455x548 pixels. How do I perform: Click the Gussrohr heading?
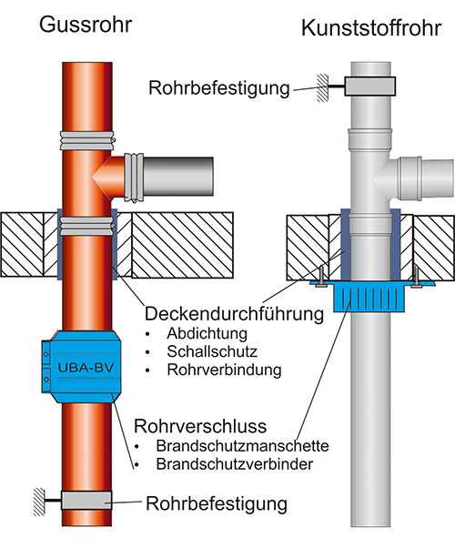86,25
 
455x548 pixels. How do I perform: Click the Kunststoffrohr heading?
371,28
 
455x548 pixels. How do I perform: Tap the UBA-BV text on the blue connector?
86,368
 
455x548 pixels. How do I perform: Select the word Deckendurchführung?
234,314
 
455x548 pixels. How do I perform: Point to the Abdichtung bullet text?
207,333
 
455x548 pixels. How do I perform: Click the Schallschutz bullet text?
212,351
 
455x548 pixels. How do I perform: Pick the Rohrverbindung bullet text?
224,370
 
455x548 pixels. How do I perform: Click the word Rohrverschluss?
200,426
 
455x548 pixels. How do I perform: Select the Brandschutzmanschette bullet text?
243,446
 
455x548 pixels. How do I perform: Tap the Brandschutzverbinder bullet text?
235,464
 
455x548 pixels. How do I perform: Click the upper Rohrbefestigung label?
219,88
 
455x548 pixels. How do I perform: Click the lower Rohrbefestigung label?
217,503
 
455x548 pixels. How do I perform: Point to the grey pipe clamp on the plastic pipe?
370,86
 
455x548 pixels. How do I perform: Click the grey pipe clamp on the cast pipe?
86,500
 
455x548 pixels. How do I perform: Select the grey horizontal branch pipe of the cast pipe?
178,177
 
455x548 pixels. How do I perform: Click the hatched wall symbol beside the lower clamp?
39,502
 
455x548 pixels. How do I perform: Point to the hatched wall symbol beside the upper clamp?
322,87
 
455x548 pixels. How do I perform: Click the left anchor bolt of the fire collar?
321,277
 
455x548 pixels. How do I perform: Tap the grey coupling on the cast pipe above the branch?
86,140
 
